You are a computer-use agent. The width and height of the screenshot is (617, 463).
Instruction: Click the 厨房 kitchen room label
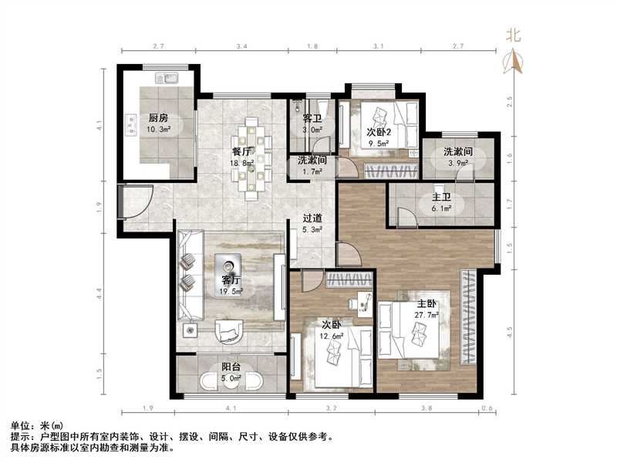tap(158, 118)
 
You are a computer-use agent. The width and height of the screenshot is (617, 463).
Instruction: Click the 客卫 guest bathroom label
tap(312, 119)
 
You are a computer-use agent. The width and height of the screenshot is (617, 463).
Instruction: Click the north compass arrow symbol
tap(513, 62)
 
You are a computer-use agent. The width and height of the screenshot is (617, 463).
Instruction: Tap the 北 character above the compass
tap(513, 35)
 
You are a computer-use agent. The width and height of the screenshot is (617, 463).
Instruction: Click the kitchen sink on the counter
tap(167, 78)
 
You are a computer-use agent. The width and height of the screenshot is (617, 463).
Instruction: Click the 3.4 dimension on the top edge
tap(241, 48)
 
